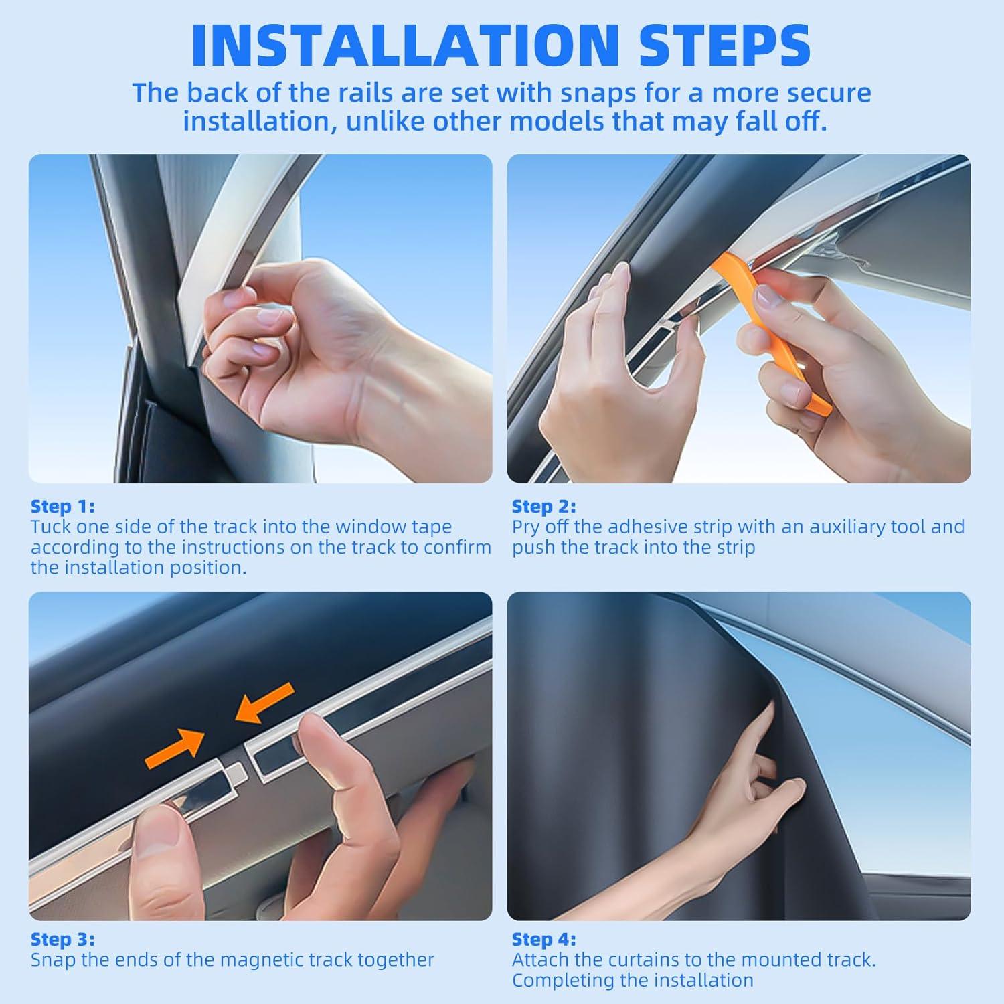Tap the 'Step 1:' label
click(x=62, y=507)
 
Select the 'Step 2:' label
click(x=543, y=507)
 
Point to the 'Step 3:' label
click(x=62, y=940)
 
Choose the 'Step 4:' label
click(x=543, y=940)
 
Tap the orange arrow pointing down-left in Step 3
click(x=264, y=703)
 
